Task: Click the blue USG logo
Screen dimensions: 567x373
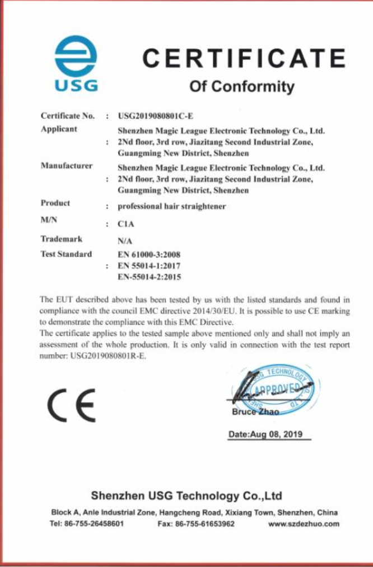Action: click(76, 63)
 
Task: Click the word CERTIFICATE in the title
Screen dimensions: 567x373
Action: click(244, 59)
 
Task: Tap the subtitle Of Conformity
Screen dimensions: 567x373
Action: click(242, 86)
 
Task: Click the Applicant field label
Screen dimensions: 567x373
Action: click(59, 129)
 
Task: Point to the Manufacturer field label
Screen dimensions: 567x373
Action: click(66, 166)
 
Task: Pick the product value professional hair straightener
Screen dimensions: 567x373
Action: click(171, 206)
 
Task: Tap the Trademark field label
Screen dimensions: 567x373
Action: click(61, 239)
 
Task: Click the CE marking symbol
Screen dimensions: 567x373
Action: click(71, 405)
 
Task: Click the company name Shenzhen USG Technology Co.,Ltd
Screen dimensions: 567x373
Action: click(186, 496)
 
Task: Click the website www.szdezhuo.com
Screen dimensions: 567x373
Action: click(304, 524)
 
